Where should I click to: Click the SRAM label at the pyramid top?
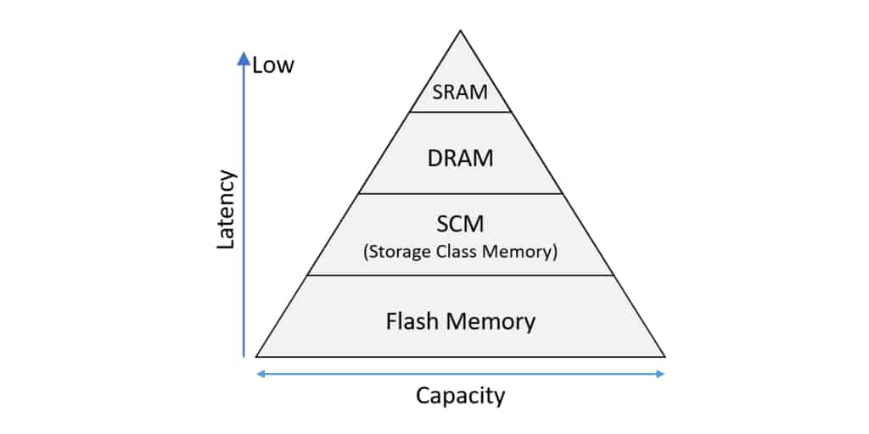click(461, 92)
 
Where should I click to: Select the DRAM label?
click(461, 158)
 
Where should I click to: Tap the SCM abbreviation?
click(460, 226)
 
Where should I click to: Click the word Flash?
click(413, 322)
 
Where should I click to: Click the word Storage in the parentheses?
click(399, 252)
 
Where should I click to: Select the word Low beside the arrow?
click(273, 65)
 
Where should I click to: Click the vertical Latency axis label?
click(226, 209)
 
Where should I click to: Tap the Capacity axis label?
click(460, 395)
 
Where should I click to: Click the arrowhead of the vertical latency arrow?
click(244, 58)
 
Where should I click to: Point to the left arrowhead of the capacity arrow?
click(260, 374)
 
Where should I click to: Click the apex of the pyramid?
click(461, 31)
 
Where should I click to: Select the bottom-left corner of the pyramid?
click(257, 356)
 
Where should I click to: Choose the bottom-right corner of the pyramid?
click(664, 356)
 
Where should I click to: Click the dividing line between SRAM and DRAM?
click(461, 112)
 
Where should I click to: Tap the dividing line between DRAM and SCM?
click(461, 194)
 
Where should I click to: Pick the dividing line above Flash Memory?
click(461, 275)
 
